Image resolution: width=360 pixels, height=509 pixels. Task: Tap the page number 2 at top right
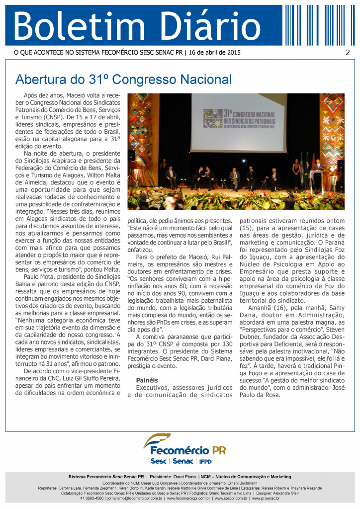click(x=348, y=53)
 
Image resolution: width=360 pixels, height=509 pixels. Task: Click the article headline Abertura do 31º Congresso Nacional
click(x=123, y=80)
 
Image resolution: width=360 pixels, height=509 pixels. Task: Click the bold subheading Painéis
click(x=147, y=380)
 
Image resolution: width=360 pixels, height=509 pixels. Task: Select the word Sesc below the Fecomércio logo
click(x=158, y=461)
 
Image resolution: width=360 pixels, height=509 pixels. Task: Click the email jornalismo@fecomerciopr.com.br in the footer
click(x=135, y=498)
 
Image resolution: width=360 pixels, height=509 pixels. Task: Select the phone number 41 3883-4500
click(x=92, y=498)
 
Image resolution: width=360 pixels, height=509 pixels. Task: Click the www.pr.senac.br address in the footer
click(x=266, y=498)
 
